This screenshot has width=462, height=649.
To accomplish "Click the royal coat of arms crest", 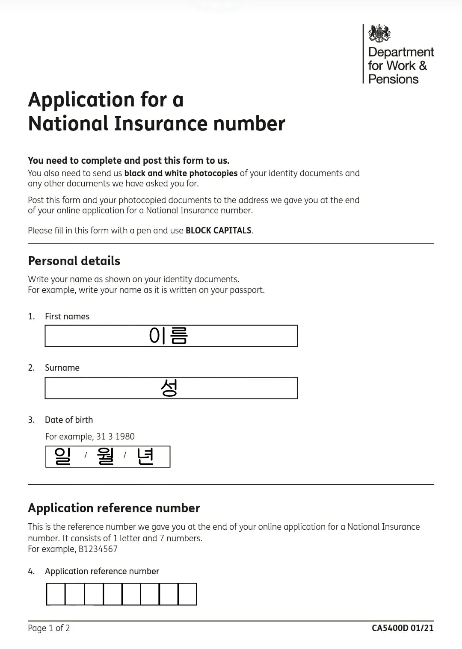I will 379,33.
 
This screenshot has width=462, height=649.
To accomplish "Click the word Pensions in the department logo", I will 393,79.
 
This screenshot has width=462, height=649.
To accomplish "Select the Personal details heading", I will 74,261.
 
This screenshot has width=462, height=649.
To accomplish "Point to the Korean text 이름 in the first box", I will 169,336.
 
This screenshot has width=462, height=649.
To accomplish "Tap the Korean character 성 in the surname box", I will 169,388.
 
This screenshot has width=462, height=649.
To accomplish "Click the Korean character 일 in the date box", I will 62,456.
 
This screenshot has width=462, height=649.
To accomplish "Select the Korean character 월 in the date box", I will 106,456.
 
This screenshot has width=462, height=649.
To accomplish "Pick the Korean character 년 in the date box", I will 145,456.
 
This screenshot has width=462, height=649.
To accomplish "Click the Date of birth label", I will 69,420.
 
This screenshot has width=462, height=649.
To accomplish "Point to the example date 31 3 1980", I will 115,437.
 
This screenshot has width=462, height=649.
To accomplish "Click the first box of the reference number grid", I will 56,594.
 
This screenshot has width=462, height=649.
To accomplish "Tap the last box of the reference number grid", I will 187,594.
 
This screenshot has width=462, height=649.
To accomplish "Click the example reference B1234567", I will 98,549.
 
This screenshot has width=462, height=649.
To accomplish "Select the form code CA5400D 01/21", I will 403,628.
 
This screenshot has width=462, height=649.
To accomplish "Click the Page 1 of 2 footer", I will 49,628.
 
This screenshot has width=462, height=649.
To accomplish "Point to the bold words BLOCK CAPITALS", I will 218,230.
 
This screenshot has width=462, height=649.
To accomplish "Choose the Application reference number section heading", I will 114,508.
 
